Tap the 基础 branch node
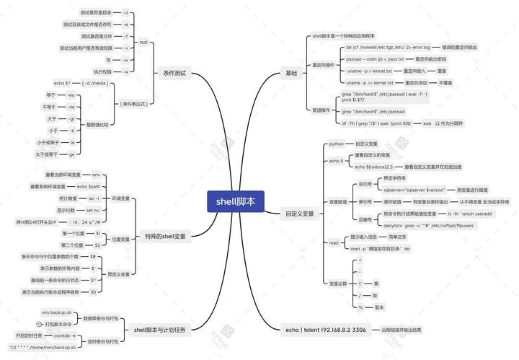(x=290, y=73)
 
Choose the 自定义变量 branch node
(x=300, y=214)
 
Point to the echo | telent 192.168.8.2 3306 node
(x=325, y=330)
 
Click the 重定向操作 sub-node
(x=323, y=65)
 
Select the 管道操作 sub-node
(x=321, y=110)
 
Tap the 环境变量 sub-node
(x=120, y=198)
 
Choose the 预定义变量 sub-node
(x=119, y=274)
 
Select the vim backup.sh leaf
(x=57, y=313)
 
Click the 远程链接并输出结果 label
(x=401, y=330)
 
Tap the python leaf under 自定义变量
(x=337, y=144)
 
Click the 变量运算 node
(x=338, y=284)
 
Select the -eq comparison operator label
(x=71, y=95)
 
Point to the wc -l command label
(x=94, y=198)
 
